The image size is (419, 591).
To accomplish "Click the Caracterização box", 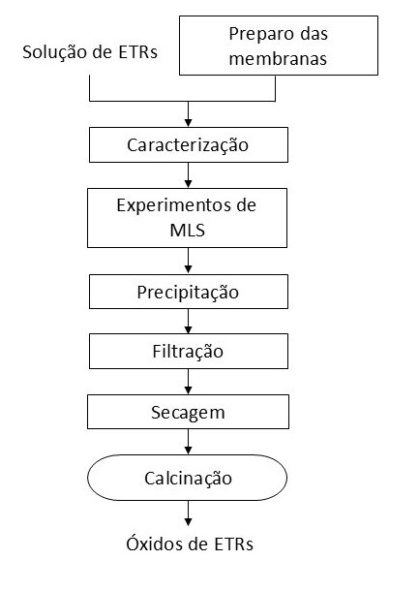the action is (189, 144).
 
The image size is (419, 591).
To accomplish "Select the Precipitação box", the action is (189, 292).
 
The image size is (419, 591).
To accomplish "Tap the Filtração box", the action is (189, 351).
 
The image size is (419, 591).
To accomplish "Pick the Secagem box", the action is (189, 412).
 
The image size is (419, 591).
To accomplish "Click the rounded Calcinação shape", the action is (187, 478).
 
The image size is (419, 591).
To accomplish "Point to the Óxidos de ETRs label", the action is (190, 544).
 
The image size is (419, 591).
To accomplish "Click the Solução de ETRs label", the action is (90, 52).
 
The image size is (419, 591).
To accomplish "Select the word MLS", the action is (188, 230).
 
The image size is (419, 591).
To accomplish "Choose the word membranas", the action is (278, 59).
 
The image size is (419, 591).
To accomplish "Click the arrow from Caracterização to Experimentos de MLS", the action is (189, 175).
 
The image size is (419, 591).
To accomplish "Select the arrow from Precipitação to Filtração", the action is (189, 321).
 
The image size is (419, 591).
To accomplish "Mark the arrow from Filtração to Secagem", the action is (189, 382).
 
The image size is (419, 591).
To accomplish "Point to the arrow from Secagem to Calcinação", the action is (189, 442).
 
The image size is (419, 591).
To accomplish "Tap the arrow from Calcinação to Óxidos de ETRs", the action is (189, 513).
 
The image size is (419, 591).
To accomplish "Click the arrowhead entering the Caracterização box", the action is (189, 123).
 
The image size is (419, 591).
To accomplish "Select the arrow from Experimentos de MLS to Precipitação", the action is (189, 261).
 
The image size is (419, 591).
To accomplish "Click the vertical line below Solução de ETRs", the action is (90, 88).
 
